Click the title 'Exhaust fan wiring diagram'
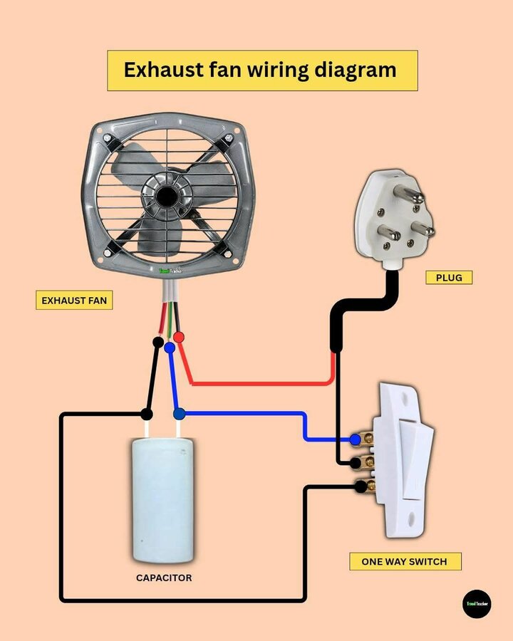261,70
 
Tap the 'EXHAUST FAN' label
74,301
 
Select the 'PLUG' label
449,278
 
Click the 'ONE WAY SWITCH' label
404,561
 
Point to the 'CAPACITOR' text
164,578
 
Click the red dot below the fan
180,336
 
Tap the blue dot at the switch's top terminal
355,439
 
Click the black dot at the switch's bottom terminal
361,486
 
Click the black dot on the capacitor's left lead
147,413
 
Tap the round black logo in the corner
477,603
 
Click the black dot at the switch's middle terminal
354,464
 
